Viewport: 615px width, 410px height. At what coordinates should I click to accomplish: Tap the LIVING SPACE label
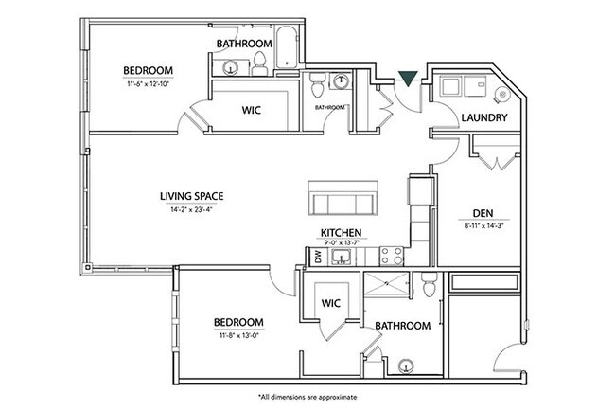click(197, 197)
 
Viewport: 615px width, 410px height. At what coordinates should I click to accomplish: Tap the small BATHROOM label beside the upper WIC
click(328, 107)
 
